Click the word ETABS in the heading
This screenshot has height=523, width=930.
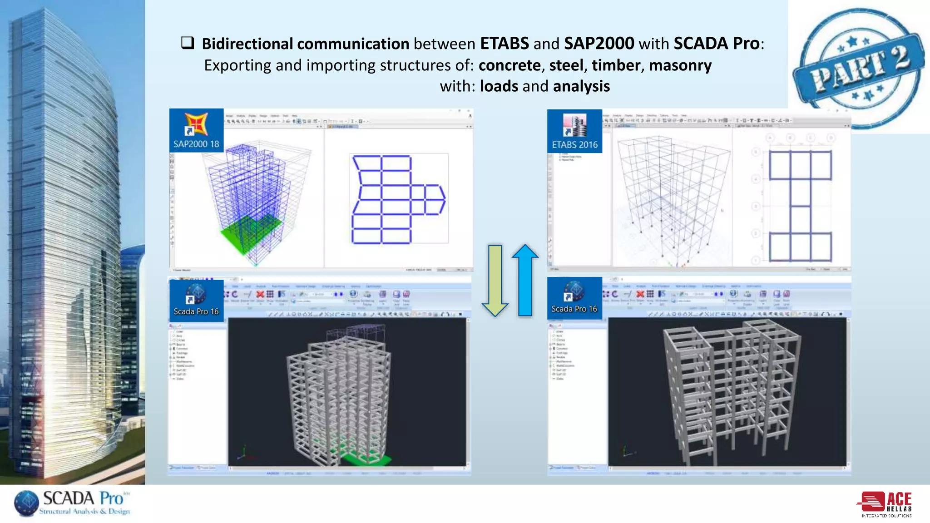pos(504,44)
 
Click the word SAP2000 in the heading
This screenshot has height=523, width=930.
pos(599,44)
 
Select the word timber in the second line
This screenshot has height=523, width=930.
pos(616,65)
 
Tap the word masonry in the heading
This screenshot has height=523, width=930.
pos(680,65)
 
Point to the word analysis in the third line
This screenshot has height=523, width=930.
pos(581,86)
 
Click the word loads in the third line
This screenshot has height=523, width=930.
pos(499,86)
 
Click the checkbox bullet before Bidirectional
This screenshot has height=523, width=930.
pos(188,43)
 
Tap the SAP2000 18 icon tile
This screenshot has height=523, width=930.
pos(196,130)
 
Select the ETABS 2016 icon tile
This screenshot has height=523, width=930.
pos(574,131)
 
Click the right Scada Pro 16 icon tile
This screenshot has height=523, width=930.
pos(574,298)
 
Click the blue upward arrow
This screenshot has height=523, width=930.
pos(525,280)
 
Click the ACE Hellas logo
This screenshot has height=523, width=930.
pos(885,504)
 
